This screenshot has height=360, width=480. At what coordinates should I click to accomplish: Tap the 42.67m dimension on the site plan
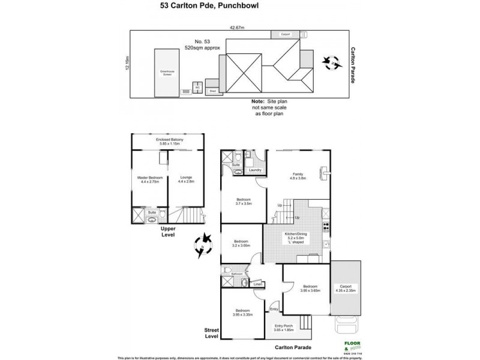[x=239, y=26]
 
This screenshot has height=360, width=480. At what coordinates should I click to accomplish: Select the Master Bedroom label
[x=144, y=179]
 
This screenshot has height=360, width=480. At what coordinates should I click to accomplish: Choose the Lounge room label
[x=185, y=179]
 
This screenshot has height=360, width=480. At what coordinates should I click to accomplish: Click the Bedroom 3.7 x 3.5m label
[x=242, y=202]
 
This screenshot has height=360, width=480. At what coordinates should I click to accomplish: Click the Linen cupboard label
[x=258, y=284]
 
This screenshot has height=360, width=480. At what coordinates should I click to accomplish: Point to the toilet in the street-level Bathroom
[x=244, y=282]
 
